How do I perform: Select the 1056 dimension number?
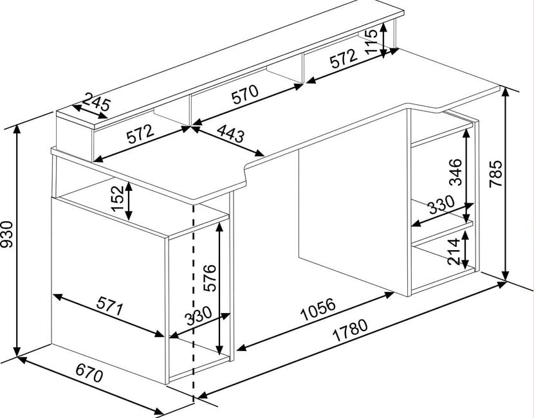point(318,309)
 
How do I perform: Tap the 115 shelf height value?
point(371,41)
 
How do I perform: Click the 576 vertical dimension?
point(208,278)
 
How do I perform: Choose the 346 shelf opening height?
point(455,172)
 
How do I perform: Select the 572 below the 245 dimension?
point(140,134)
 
